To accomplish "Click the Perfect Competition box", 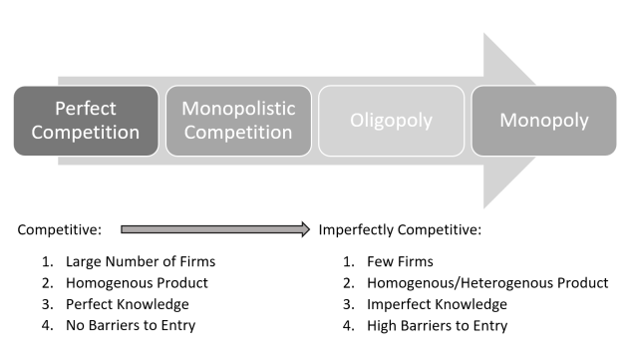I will click(86, 121).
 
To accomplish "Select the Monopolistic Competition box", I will click(238, 121).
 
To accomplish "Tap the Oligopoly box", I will click(391, 121).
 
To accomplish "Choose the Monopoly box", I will click(544, 121).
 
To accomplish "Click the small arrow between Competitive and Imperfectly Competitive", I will click(215, 229).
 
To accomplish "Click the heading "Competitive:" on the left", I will click(60, 229).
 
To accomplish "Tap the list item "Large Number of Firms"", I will click(141, 261).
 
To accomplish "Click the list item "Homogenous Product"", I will click(133, 283).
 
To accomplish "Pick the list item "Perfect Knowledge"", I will click(127, 304).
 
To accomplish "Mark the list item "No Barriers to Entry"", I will click(131, 325).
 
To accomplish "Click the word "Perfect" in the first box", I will click(86, 108).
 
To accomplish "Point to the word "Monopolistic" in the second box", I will click(238, 108).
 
